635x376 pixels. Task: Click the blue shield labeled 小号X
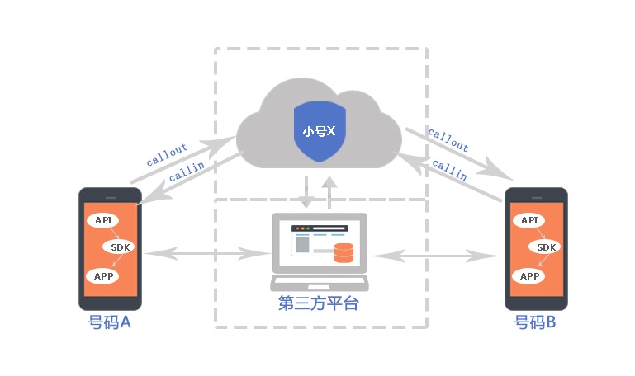tap(319, 131)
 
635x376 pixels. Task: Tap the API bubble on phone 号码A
tap(103, 220)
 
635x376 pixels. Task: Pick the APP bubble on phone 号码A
tap(103, 276)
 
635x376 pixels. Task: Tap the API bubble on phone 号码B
tap(528, 220)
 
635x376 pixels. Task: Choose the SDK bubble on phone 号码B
tap(547, 247)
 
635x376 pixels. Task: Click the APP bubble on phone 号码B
tap(528, 276)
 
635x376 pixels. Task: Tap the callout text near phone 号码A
tap(168, 154)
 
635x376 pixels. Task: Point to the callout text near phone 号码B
tap(448, 141)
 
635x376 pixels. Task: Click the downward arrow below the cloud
tap(307, 191)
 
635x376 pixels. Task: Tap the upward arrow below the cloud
tap(329, 191)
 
